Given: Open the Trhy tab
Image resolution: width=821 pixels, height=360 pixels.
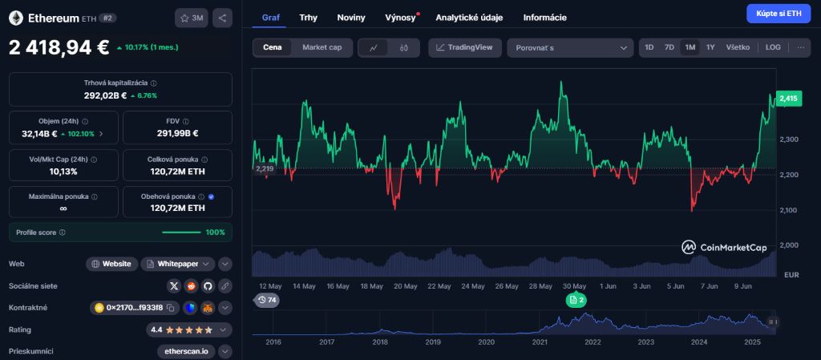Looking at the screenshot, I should pyautogui.click(x=308, y=17).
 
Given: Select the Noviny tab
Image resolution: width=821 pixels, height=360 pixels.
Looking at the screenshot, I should pyautogui.click(x=350, y=17).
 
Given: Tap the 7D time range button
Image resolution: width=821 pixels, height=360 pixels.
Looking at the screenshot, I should pyautogui.click(x=669, y=47).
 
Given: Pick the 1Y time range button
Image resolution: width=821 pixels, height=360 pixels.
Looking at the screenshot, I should pyautogui.click(x=710, y=47).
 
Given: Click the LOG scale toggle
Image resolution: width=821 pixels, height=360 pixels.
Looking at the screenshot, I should pyautogui.click(x=773, y=47).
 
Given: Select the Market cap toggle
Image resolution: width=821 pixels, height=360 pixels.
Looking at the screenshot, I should pyautogui.click(x=322, y=47).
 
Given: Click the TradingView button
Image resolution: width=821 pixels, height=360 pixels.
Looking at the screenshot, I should pyautogui.click(x=465, y=47).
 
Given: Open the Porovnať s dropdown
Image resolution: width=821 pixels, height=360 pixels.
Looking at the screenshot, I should pyautogui.click(x=570, y=47).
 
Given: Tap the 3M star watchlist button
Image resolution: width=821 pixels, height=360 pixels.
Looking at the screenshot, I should pyautogui.click(x=192, y=18).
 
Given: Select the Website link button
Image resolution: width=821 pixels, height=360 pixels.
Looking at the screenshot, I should pyautogui.click(x=111, y=263).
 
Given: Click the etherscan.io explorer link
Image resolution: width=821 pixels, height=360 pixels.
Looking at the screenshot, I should pyautogui.click(x=186, y=351).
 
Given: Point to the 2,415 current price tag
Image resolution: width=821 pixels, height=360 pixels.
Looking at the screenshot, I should pyautogui.click(x=788, y=99).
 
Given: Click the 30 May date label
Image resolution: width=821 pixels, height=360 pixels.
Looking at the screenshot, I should pyautogui.click(x=575, y=285).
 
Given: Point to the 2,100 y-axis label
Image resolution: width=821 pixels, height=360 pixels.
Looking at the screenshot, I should pyautogui.click(x=790, y=210).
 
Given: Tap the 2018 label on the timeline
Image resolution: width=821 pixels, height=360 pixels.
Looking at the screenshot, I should pyautogui.click(x=380, y=342).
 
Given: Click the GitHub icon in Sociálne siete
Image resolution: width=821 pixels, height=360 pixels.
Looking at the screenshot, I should pyautogui.click(x=208, y=285).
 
